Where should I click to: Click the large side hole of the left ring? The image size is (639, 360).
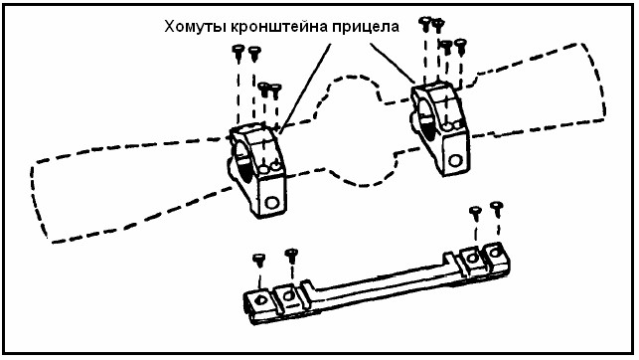pyautogui.click(x=271, y=202)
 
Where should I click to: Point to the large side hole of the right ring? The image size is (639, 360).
pyautogui.click(x=455, y=160)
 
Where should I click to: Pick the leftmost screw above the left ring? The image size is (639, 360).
pyautogui.click(x=238, y=52)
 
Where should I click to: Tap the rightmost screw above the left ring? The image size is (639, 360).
pyautogui.click(x=276, y=90)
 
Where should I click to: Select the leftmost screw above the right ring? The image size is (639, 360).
pyautogui.click(x=425, y=24)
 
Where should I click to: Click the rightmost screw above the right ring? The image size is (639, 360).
pyautogui.click(x=460, y=46)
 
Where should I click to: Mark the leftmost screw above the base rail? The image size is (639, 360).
pyautogui.click(x=259, y=261)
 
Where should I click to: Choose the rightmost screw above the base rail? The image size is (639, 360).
pyautogui.click(x=496, y=209)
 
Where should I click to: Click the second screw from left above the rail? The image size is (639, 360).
pyautogui.click(x=291, y=256)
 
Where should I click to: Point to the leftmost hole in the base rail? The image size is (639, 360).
pyautogui.click(x=260, y=301)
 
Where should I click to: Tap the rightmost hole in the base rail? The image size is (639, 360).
pyautogui.click(x=494, y=253)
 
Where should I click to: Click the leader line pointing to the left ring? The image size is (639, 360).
pyautogui.click(x=305, y=88)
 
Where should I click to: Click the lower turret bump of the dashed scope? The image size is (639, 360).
pyautogui.click(x=362, y=171)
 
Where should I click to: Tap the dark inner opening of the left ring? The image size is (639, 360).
pyautogui.click(x=243, y=163)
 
